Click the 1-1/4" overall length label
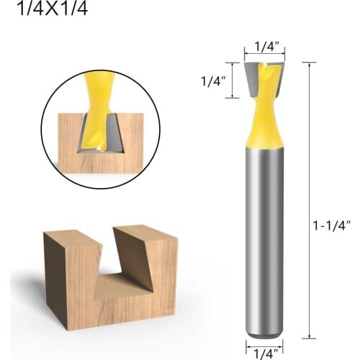tap(333, 225)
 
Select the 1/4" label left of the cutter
tap(214, 81)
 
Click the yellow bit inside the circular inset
tap(94, 108)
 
